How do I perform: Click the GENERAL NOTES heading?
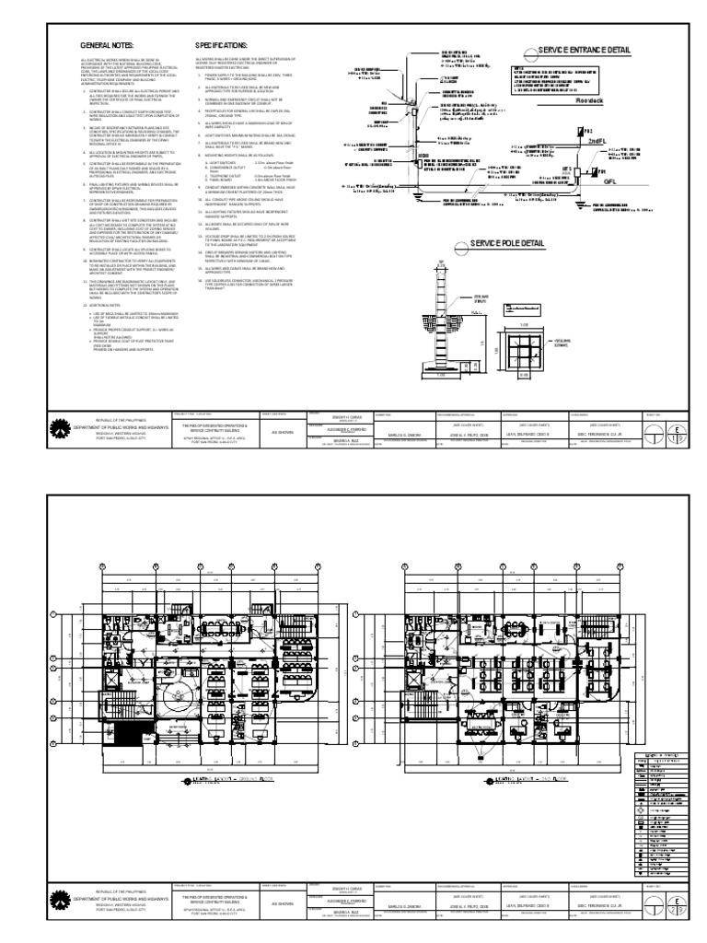click(x=109, y=44)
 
